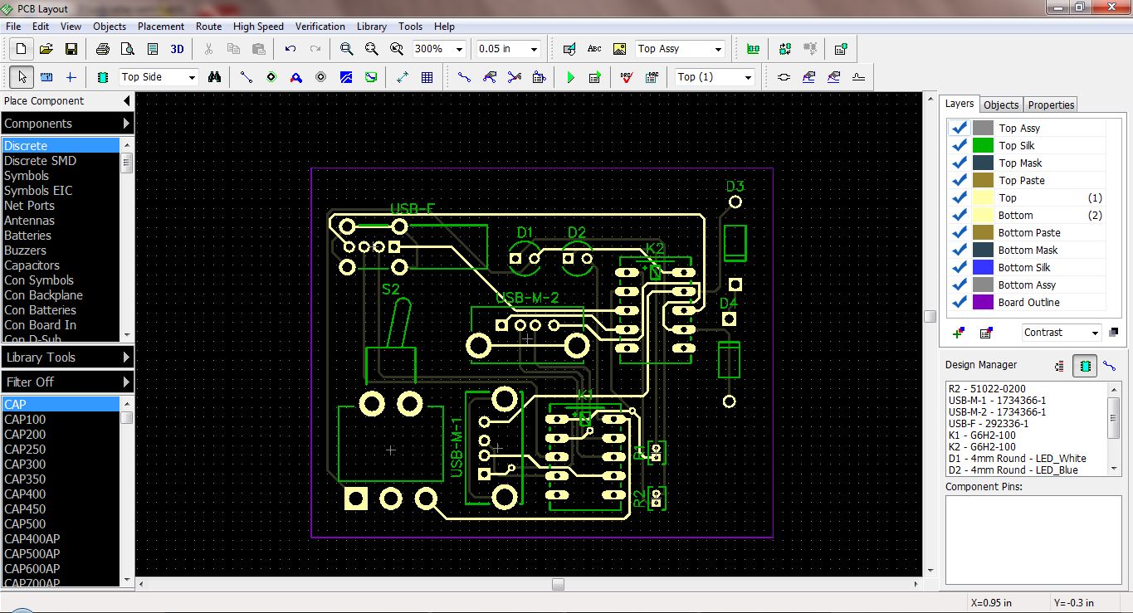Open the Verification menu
coord(320,27)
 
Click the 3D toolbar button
coord(177,49)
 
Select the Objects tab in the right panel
coord(1000,105)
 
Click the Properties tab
coord(1051,105)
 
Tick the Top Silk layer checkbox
coord(960,145)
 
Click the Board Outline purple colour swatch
coord(983,302)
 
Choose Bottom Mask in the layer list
coord(1028,250)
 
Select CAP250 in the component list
coord(25,449)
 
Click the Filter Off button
coord(66,382)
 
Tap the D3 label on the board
coord(735,186)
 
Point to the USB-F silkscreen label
coord(413,208)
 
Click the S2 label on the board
coord(391,289)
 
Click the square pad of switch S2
coord(356,499)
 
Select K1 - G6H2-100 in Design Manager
coord(982,435)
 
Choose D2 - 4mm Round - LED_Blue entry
coord(1013,469)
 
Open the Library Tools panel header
coord(66,357)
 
